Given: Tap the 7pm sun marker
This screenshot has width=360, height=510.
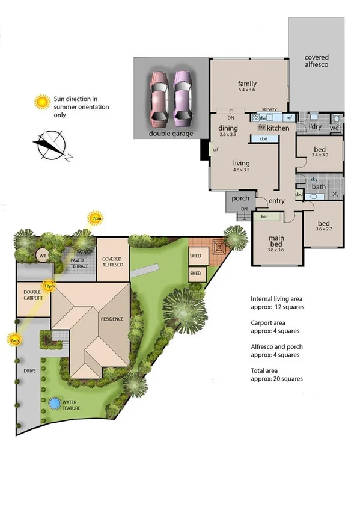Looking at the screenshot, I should [x=96, y=218].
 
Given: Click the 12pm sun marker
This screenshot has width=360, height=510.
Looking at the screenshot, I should [x=49, y=285].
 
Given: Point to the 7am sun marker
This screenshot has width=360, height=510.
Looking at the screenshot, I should [x=13, y=340].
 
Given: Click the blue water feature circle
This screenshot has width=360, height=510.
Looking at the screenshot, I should [x=55, y=402].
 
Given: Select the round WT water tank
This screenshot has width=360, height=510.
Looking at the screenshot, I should [x=43, y=256].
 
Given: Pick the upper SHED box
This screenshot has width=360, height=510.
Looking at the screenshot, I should [x=196, y=254].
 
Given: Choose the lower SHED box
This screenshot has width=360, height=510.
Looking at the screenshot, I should [x=196, y=273].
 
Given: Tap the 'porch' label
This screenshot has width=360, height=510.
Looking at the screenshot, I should [x=240, y=198].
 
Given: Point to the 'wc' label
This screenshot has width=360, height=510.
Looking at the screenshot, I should [x=335, y=127].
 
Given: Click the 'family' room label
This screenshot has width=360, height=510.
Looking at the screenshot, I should [x=248, y=84].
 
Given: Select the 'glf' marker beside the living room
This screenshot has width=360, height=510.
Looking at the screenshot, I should [x=214, y=150].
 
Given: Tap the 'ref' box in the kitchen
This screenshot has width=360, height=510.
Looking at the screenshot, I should [x=288, y=118].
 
